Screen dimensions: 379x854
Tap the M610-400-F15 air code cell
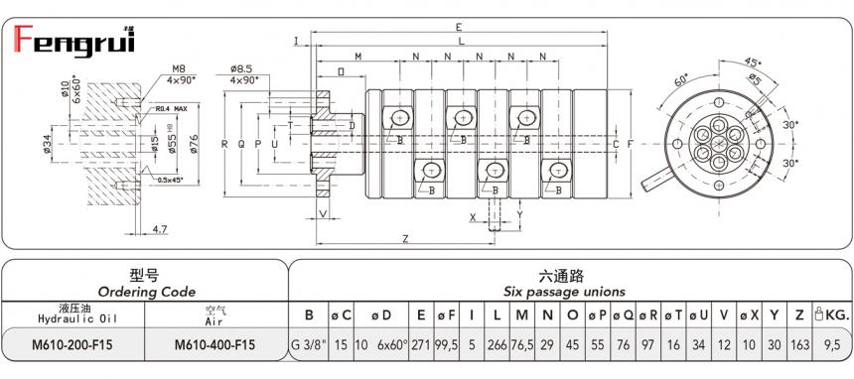214,344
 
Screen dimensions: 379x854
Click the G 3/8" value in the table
309,344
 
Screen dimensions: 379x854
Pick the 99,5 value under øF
446,344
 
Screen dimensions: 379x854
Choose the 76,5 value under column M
522,344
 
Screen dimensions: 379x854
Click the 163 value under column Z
799,344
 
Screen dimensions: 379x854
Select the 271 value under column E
421,344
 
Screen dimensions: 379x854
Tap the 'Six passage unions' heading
566,292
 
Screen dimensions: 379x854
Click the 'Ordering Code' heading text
144,292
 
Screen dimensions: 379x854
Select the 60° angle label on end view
681,79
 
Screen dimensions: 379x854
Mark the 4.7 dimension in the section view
160,229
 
